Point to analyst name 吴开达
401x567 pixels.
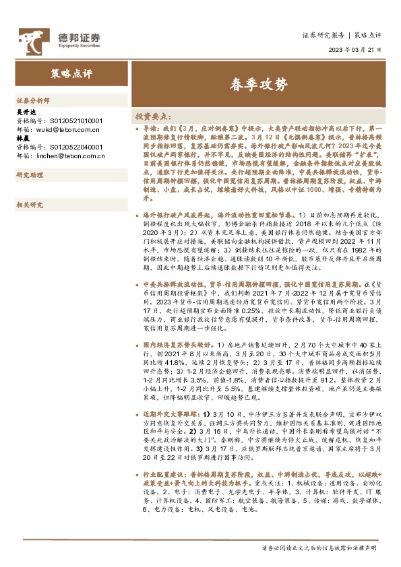pos(24,112)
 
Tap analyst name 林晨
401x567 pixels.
pos(22,139)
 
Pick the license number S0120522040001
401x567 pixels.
pos(69,147)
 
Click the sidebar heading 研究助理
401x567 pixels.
pos(30,175)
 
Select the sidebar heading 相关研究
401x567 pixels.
pos(30,205)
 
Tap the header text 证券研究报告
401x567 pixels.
pos(320,34)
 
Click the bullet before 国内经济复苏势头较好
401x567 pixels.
pos(137,344)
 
